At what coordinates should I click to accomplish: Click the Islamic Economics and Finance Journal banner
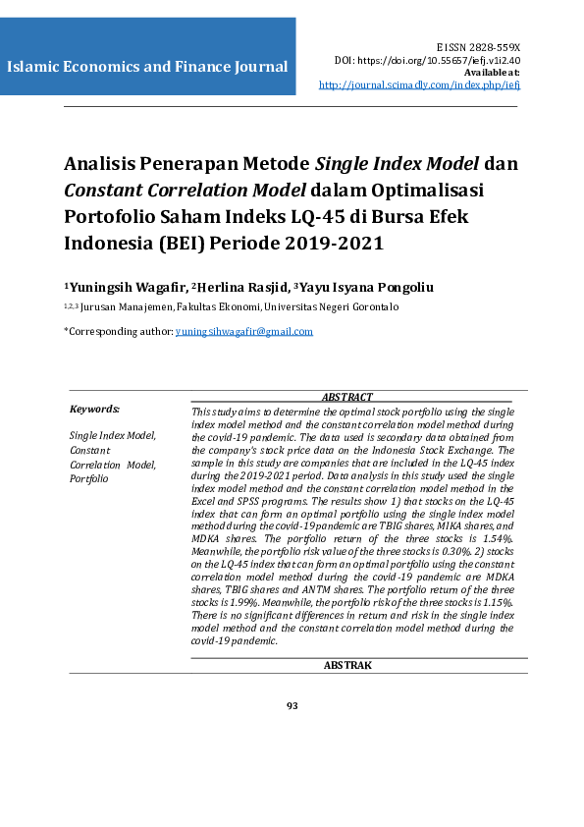pos(147,68)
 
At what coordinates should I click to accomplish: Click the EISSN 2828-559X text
pos(478,47)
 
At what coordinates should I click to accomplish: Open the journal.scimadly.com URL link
pos(419,85)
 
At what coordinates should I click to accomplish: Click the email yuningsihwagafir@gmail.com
pos(243,331)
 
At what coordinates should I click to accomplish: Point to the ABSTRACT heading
pos(347,397)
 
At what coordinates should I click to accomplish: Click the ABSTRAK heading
pos(347,665)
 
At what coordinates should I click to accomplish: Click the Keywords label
pos(94,409)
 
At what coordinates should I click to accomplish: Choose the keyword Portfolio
pos(89,479)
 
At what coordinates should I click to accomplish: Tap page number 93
pos(292,705)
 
